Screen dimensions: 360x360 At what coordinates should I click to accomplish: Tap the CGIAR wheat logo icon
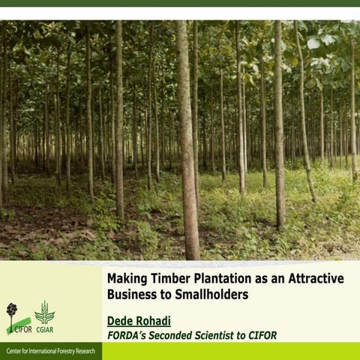pos(44,311)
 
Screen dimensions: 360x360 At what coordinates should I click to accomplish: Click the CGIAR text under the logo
pos(44,328)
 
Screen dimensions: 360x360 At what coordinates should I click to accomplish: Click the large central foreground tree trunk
pos(187,150)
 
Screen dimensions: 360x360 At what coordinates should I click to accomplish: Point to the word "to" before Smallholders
pos(170,294)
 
